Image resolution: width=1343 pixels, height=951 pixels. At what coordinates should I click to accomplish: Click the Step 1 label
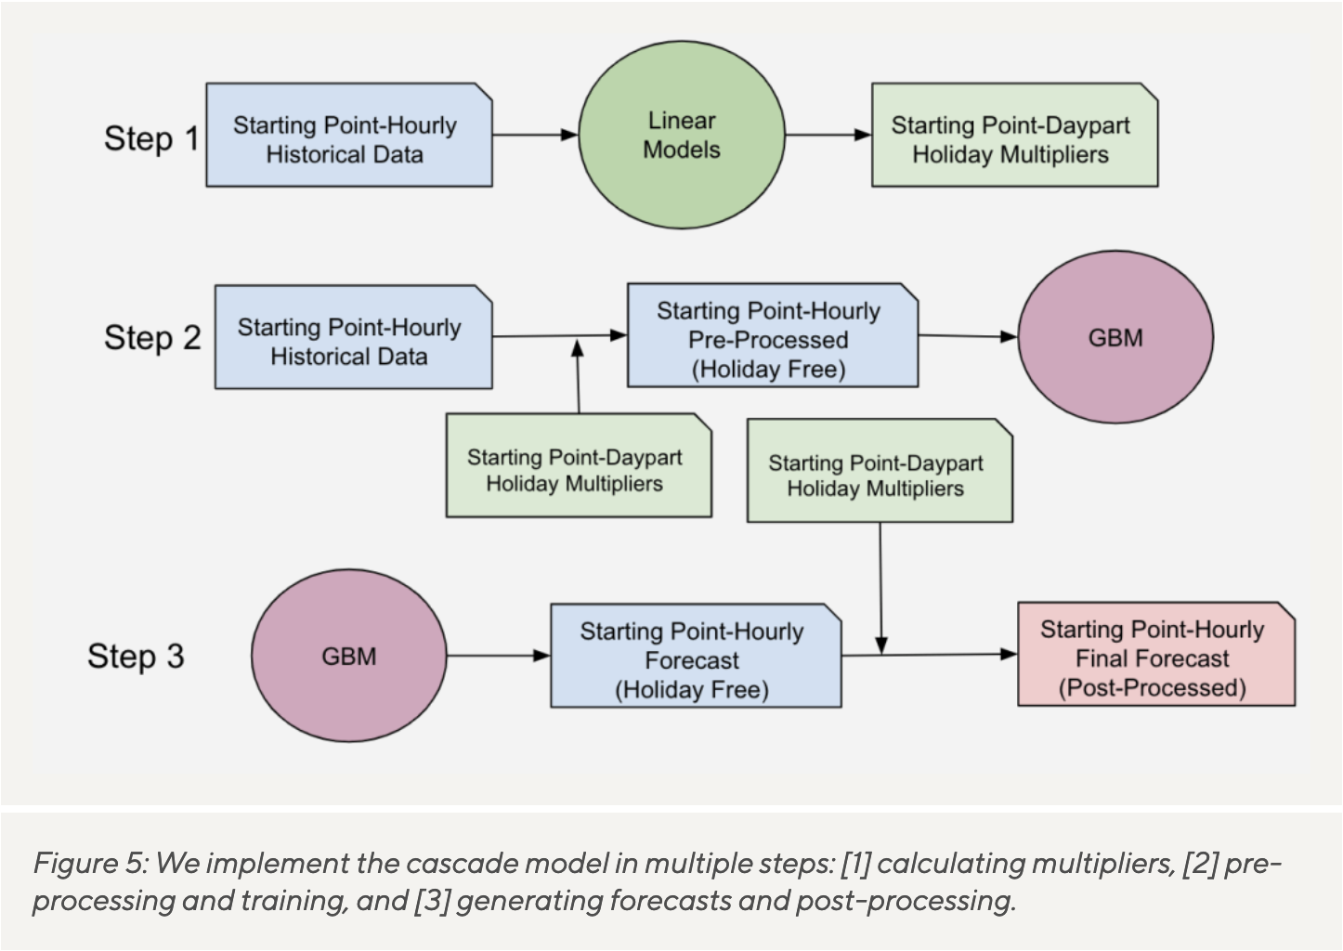[x=151, y=139]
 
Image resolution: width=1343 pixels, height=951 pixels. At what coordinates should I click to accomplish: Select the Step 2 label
[x=152, y=338]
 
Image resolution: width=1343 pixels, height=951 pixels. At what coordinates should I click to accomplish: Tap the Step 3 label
[x=137, y=657]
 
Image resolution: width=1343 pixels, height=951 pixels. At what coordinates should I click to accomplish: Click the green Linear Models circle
[x=682, y=135]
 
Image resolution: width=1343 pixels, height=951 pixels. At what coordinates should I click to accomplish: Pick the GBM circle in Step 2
[x=1115, y=337]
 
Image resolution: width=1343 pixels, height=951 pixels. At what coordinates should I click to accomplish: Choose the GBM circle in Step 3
[x=349, y=656]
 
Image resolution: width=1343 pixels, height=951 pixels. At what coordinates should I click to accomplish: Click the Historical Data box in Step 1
[x=349, y=135]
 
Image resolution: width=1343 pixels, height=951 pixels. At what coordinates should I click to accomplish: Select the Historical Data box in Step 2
[x=354, y=337]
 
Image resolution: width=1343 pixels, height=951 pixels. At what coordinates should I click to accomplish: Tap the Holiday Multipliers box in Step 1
[x=1015, y=135]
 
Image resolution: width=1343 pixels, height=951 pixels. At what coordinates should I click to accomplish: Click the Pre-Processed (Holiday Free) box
[x=773, y=335]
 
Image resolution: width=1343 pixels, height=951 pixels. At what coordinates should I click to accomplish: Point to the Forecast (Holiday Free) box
[x=696, y=656]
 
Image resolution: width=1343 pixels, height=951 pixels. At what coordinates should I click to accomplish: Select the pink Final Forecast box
[x=1156, y=654]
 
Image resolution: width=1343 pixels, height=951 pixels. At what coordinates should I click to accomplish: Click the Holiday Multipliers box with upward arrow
[x=580, y=465]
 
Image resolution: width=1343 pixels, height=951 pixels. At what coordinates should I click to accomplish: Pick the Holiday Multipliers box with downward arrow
[x=880, y=471]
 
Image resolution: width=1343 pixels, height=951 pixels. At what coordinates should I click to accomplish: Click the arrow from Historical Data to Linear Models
[x=535, y=135]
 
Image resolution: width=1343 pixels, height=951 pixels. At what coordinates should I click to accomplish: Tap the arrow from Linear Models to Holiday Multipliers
[x=828, y=135]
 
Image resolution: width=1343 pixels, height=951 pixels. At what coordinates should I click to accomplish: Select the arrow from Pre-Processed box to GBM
[x=969, y=336]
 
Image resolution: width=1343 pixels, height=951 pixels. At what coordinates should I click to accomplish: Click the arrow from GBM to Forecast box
[x=499, y=656]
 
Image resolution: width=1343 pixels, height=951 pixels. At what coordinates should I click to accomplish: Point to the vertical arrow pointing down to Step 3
[x=880, y=589]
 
